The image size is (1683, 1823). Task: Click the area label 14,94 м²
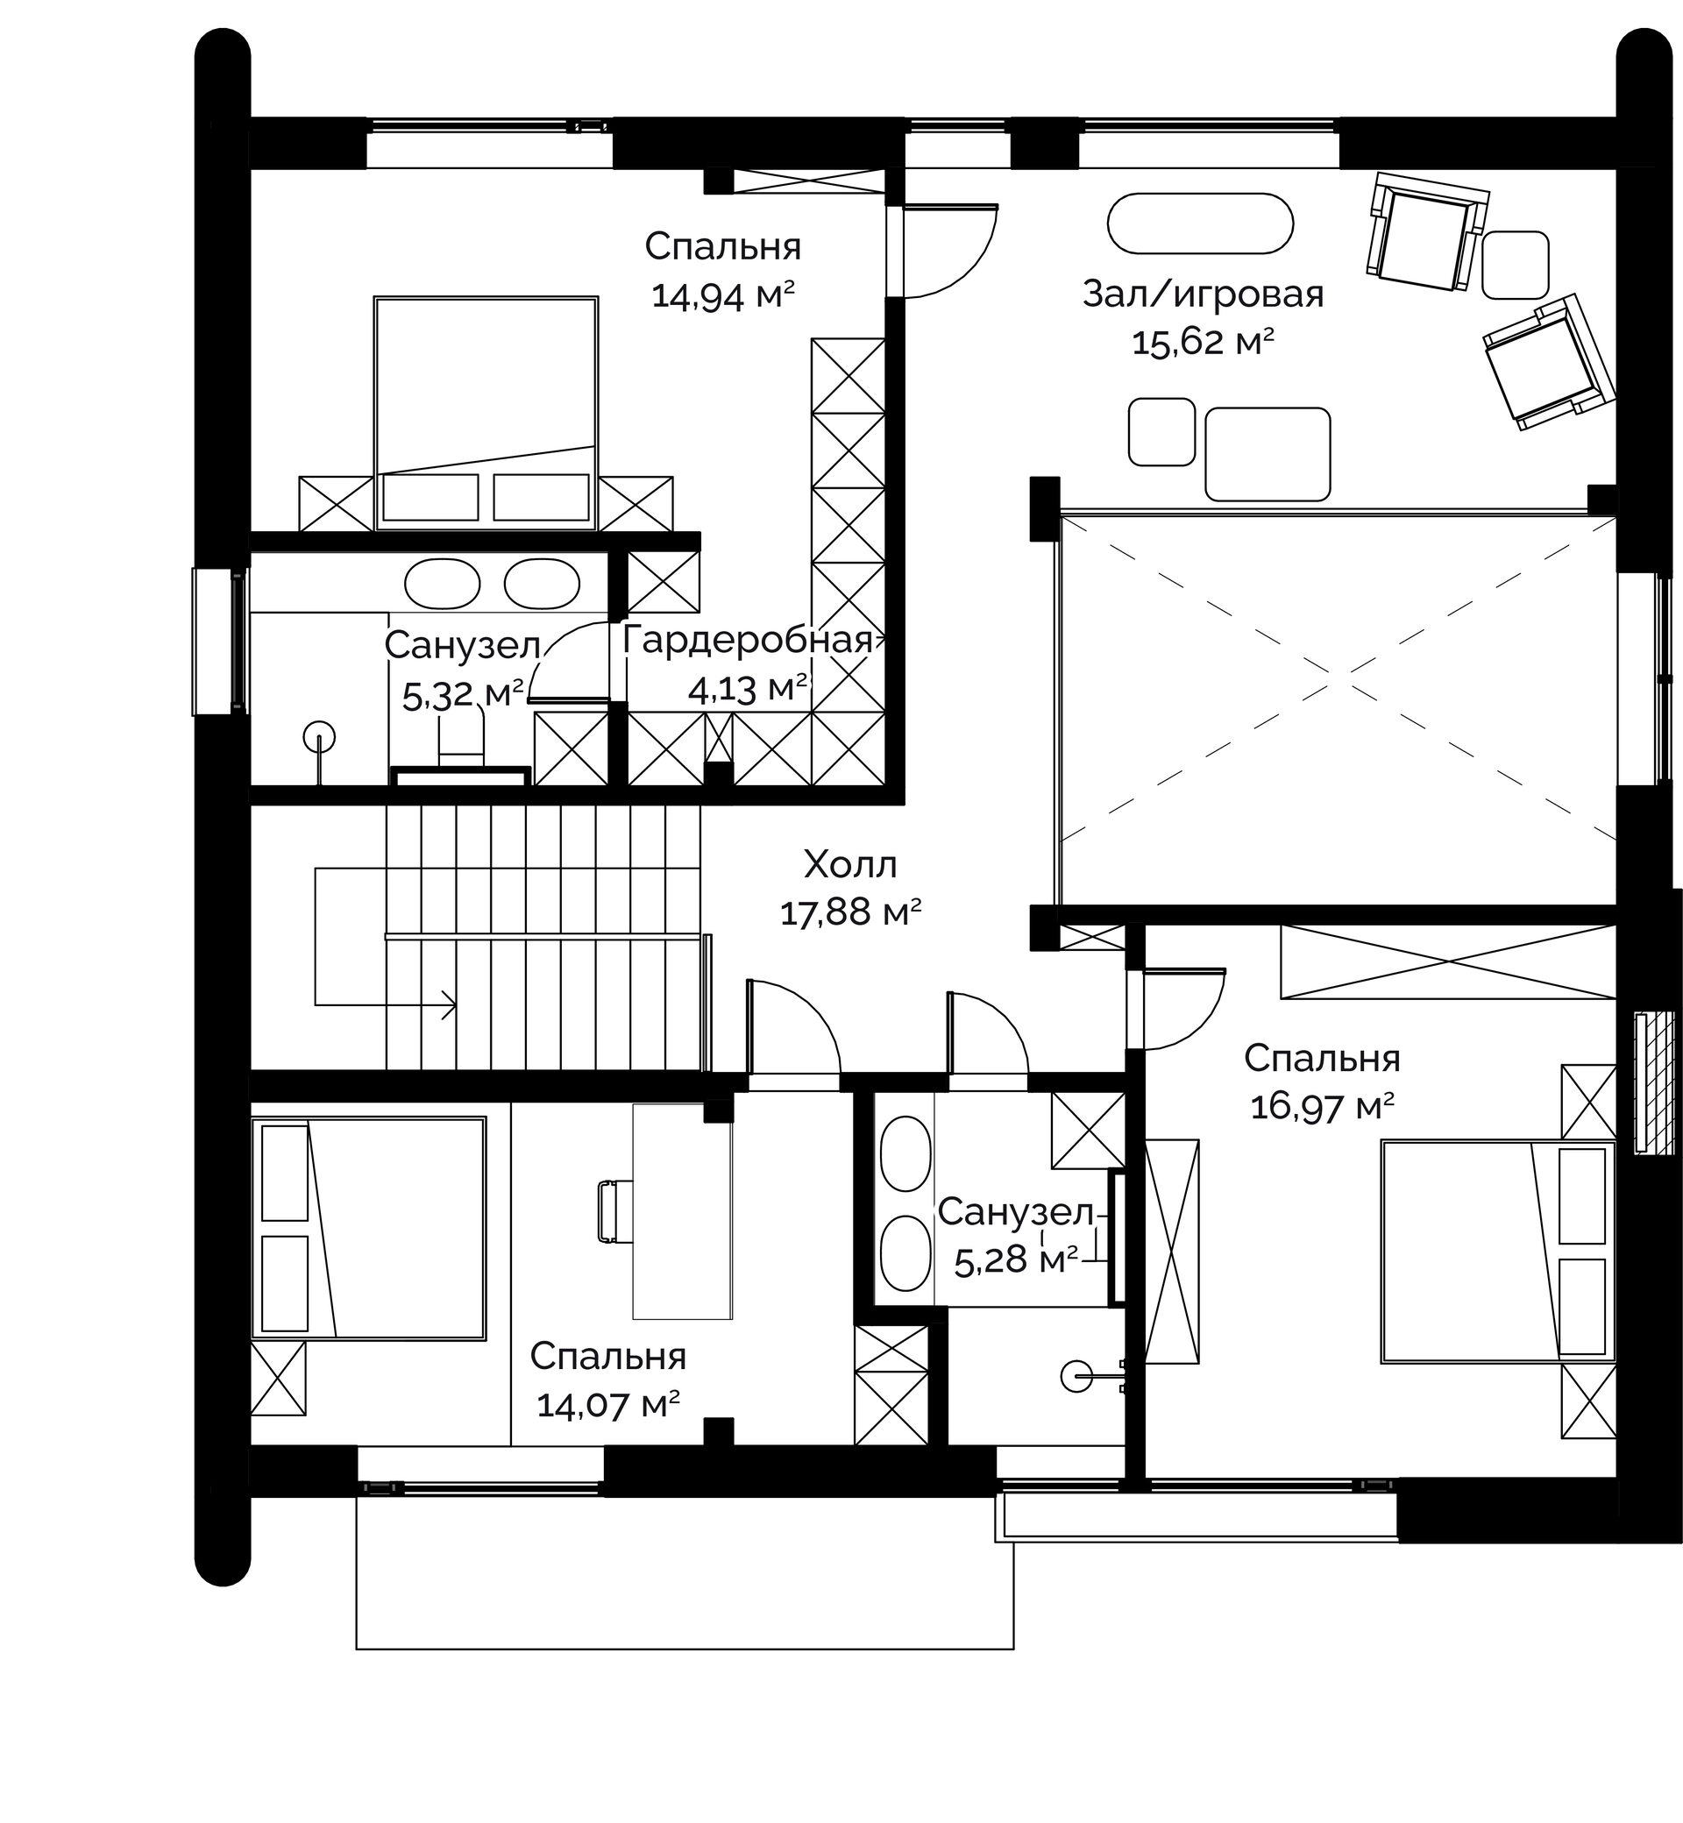[x=723, y=296]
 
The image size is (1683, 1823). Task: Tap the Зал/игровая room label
[x=1202, y=294]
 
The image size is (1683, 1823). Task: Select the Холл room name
[x=850, y=864]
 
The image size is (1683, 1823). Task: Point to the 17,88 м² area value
[x=850, y=912]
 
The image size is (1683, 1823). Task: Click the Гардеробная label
[x=747, y=640]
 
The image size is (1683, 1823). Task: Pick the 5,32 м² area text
[x=463, y=694]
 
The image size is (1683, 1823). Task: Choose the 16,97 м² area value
[x=1323, y=1107]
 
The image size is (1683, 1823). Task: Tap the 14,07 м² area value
[x=608, y=1405]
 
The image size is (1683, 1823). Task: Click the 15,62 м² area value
[x=1202, y=343]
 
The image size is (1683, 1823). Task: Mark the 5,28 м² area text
[x=1015, y=1260]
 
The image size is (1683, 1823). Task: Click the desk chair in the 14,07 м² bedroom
[x=615, y=1210]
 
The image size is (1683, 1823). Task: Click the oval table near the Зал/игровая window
[x=1200, y=223]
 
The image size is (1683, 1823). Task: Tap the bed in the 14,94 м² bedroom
[x=486, y=413]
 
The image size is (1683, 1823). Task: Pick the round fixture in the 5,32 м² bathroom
[x=319, y=734]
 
